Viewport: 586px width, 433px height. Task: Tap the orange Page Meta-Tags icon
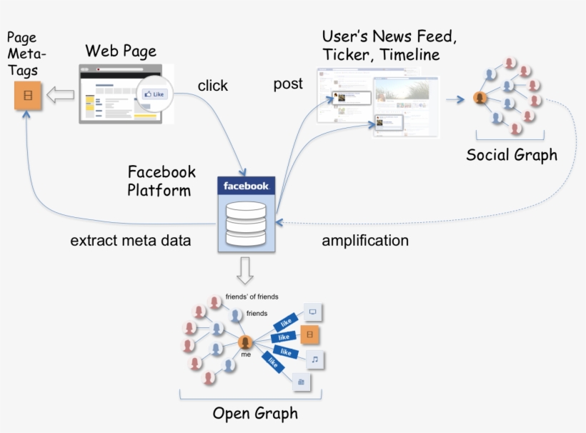click(x=28, y=96)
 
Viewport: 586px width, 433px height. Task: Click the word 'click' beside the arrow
click(x=212, y=86)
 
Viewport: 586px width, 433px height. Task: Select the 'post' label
click(x=288, y=84)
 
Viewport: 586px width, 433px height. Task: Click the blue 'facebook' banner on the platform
click(x=246, y=186)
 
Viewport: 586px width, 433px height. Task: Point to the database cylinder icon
click(x=246, y=223)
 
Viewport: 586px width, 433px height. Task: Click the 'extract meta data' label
click(x=131, y=241)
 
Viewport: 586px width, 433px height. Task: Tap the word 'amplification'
click(x=365, y=241)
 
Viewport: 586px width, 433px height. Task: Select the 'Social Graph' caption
click(x=511, y=155)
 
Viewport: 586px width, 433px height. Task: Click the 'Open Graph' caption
click(x=255, y=414)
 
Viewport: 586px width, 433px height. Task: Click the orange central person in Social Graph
click(x=480, y=99)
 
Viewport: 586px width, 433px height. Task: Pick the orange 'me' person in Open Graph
click(x=246, y=343)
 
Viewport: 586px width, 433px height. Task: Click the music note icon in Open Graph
click(x=314, y=359)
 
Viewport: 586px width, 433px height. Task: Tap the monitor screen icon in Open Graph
click(x=313, y=312)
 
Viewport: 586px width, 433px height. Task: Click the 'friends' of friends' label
click(x=252, y=297)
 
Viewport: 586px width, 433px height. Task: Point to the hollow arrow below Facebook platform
click(x=245, y=269)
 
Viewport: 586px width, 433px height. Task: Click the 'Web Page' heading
click(x=121, y=51)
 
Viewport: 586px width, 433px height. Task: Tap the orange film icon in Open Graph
click(x=309, y=335)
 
